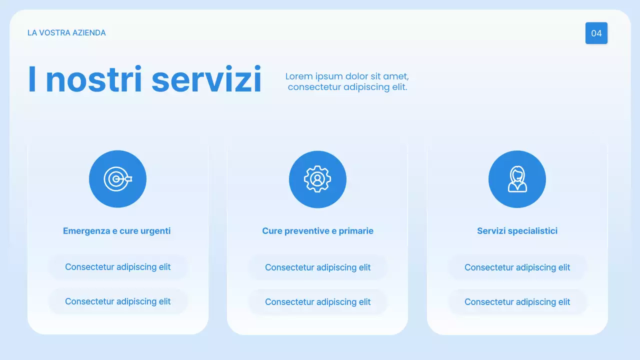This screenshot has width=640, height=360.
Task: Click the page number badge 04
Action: (x=596, y=33)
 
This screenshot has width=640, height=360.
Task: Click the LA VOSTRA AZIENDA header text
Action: (x=66, y=33)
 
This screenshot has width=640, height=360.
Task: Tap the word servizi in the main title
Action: (x=206, y=79)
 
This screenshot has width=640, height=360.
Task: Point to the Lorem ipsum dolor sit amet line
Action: (x=347, y=76)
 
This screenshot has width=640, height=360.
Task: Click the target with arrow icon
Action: (x=117, y=179)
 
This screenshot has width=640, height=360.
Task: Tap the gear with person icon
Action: (x=317, y=179)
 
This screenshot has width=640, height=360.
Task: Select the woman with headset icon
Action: (x=517, y=179)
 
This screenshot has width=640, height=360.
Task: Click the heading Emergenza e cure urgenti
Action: (x=117, y=231)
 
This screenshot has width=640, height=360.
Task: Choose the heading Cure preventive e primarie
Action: (x=317, y=231)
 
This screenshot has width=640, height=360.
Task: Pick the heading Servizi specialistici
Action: (x=517, y=231)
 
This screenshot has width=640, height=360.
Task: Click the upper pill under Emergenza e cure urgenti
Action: (x=118, y=267)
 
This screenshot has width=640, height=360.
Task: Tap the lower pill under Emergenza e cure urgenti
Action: (x=118, y=301)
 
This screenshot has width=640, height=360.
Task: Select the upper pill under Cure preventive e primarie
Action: (x=318, y=267)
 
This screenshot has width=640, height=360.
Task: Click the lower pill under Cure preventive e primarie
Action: (x=318, y=302)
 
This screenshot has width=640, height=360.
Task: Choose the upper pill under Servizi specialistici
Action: (x=517, y=267)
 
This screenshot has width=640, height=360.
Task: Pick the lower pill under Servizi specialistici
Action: (x=517, y=302)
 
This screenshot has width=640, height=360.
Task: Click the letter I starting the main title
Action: (x=32, y=79)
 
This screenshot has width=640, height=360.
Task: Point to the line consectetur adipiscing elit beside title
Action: (x=347, y=87)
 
